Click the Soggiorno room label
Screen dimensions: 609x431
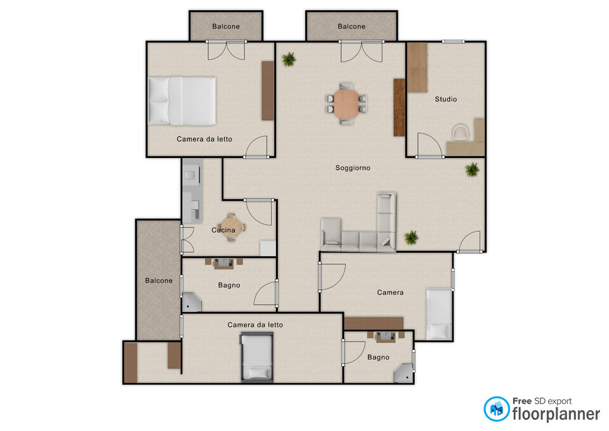point(353,168)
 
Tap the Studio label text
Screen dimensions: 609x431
point(445,99)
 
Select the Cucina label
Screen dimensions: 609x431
point(223,230)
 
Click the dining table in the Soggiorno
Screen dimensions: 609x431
point(346,103)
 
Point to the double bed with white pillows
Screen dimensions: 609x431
point(182,101)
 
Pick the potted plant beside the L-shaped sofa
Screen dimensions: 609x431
point(411,237)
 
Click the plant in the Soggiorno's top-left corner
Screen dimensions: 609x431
point(289,60)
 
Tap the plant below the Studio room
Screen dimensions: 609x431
point(472,170)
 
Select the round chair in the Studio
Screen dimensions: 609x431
point(461,132)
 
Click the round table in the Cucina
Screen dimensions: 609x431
point(231,227)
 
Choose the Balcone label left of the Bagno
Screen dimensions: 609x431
point(159,281)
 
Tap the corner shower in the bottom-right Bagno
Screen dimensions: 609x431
point(403,373)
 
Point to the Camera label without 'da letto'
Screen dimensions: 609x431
point(390,293)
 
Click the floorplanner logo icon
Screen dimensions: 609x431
point(496,409)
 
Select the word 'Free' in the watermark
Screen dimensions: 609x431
point(521,401)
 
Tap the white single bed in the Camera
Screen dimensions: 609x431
point(439,314)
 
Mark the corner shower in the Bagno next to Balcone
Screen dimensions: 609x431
point(192,302)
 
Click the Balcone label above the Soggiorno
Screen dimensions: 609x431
point(351,27)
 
